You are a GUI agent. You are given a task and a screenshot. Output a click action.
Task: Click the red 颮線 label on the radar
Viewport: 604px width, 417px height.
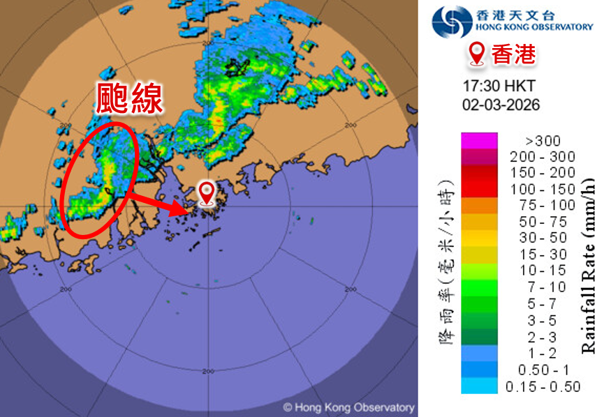(x=129, y=98)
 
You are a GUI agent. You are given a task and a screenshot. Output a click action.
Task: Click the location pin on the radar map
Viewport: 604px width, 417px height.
(x=207, y=192)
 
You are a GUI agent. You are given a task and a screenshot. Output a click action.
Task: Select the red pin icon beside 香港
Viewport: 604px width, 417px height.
(x=478, y=54)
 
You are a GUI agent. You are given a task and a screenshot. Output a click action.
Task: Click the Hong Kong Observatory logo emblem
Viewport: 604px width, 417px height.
(x=452, y=22)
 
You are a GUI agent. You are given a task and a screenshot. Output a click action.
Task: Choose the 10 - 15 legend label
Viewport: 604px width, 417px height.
(x=543, y=269)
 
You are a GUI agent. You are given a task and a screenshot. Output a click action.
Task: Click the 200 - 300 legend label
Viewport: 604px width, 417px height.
(x=543, y=157)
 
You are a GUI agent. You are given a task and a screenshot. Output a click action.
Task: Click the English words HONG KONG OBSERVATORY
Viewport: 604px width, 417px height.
(x=533, y=27)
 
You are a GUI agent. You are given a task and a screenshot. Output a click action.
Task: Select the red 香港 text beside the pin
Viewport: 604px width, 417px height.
(x=513, y=54)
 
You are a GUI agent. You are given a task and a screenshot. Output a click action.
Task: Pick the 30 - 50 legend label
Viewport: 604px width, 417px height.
(x=543, y=237)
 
